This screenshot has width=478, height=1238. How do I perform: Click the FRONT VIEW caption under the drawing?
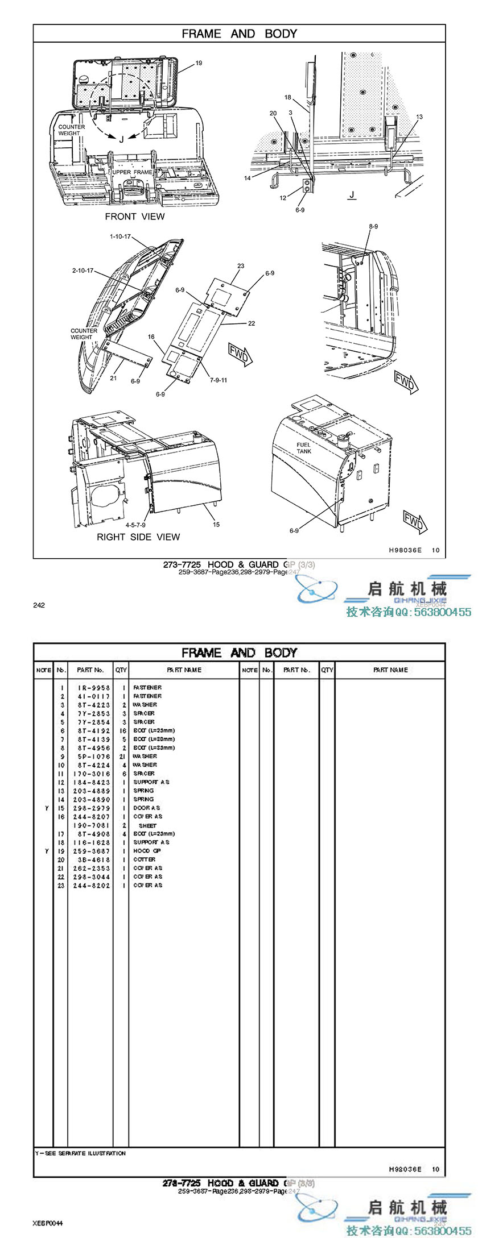[x=134, y=217]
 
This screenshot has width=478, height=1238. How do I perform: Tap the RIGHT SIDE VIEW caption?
[x=138, y=537]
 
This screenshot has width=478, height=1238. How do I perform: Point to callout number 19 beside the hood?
[x=199, y=63]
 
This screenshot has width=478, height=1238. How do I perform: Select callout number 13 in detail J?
[x=419, y=117]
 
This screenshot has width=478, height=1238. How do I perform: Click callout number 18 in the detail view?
[x=288, y=98]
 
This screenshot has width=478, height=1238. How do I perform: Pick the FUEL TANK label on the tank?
[x=304, y=448]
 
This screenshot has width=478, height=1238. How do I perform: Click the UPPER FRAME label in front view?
[x=133, y=172]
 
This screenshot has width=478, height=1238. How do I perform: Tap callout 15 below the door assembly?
[x=216, y=525]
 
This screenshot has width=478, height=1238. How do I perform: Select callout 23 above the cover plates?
[x=241, y=266]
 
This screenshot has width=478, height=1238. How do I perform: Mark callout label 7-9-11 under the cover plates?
[x=218, y=380]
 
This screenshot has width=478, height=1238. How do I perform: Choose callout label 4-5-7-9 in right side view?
[x=136, y=525]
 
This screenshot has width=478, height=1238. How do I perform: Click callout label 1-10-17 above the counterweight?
[x=121, y=236]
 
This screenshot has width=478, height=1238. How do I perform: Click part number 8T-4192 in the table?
[x=92, y=730]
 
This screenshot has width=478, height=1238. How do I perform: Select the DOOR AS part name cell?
[x=147, y=808]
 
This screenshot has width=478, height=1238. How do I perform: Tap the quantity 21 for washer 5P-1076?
[x=122, y=757]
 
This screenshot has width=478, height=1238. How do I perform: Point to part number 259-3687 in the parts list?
[x=92, y=851]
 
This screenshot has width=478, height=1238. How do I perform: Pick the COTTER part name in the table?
[x=145, y=859]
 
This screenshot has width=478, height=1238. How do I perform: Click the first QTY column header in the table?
[x=121, y=670]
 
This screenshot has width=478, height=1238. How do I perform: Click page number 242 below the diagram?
[x=39, y=605]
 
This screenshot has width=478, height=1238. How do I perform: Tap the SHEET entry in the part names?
[x=147, y=825]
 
